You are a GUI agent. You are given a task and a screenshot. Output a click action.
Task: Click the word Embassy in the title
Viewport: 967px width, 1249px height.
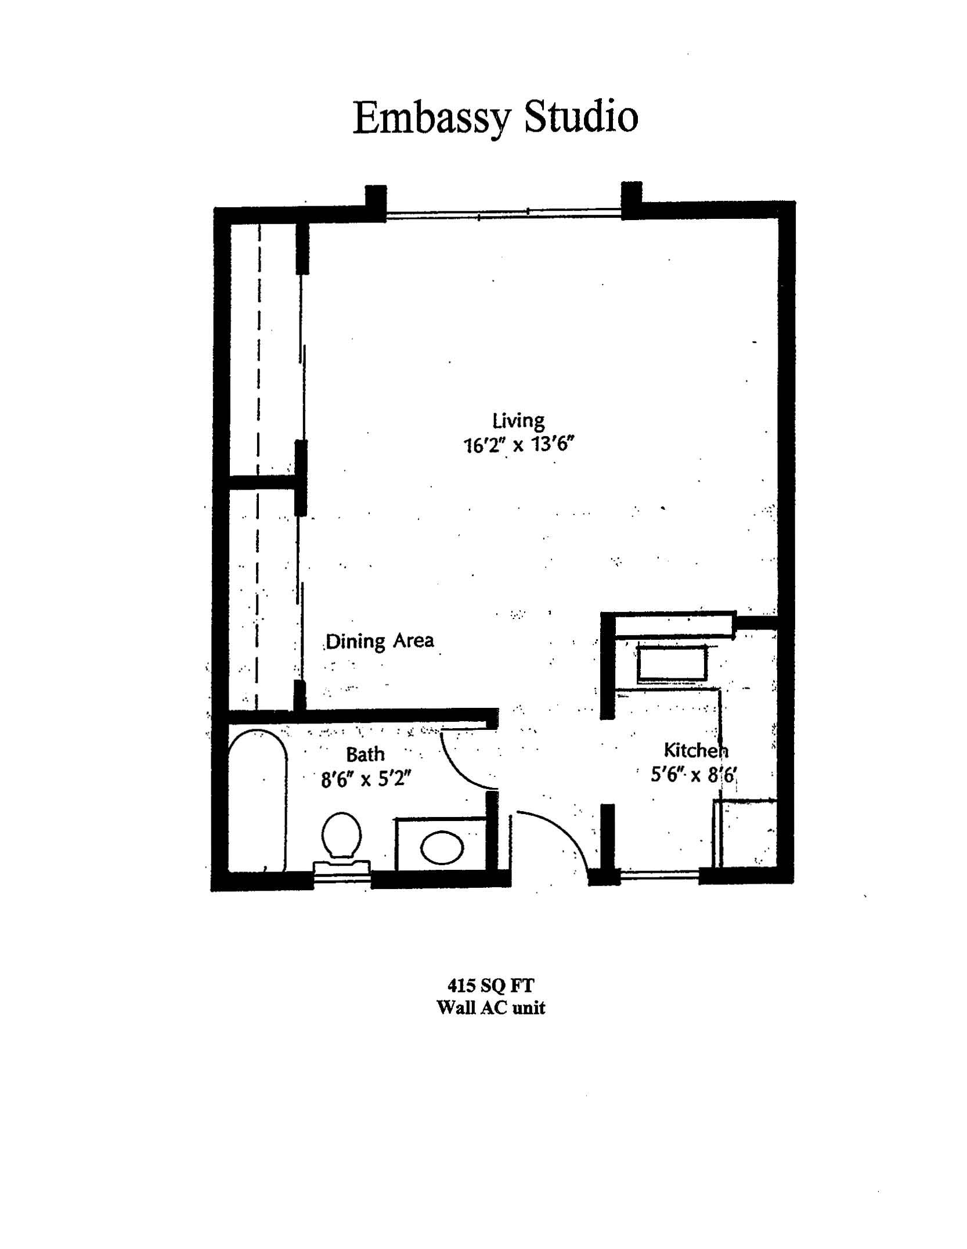pyautogui.click(x=432, y=119)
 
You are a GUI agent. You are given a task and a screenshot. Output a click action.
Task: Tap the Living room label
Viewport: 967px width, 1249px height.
pyautogui.click(x=518, y=420)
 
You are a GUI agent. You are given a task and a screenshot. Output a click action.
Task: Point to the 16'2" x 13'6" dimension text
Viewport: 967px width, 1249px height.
pyautogui.click(x=518, y=445)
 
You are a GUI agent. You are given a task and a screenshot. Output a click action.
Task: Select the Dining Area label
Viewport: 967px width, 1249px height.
pyautogui.click(x=380, y=641)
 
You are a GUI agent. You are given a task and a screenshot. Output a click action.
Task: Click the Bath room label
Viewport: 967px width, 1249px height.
pyautogui.click(x=365, y=754)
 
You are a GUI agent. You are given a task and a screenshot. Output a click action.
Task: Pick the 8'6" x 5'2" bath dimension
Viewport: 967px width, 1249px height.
pyautogui.click(x=366, y=779)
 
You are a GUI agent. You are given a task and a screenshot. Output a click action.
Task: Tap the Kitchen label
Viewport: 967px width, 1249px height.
pyautogui.click(x=695, y=750)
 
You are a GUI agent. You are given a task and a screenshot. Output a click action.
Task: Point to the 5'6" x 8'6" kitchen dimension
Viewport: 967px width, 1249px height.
pyautogui.click(x=694, y=775)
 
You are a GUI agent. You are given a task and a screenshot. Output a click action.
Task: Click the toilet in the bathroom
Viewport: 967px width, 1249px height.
pyautogui.click(x=342, y=843)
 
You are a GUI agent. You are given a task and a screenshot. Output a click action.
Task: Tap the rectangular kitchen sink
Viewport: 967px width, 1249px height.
pyautogui.click(x=672, y=663)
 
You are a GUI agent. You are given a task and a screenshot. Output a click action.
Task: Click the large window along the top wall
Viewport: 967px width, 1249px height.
pyautogui.click(x=504, y=214)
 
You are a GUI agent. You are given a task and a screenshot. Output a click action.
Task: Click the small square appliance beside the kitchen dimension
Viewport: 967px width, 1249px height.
pyautogui.click(x=745, y=834)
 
